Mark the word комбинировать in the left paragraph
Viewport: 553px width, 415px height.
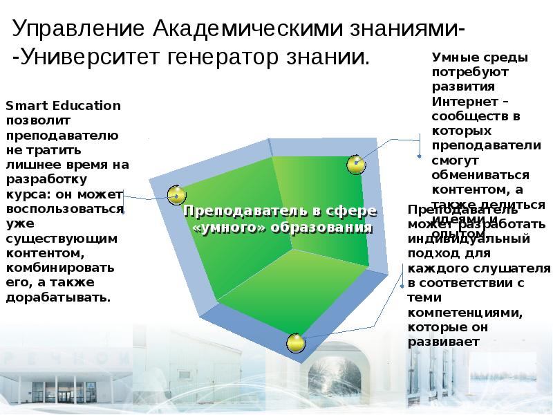tap(59, 267)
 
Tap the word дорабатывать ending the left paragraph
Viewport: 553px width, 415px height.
tap(58, 297)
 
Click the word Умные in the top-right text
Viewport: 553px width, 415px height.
tap(451, 57)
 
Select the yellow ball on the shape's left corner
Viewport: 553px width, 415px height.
tap(177, 194)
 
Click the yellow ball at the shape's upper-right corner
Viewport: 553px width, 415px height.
tap(355, 165)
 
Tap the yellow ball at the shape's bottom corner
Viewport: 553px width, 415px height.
tap(296, 342)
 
